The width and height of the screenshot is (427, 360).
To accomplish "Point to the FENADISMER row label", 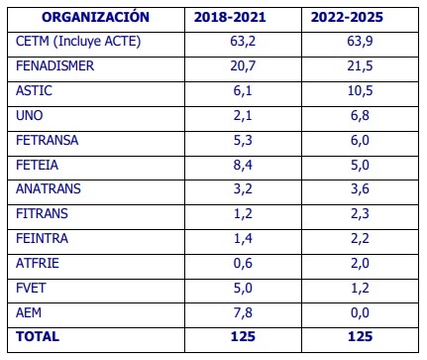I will point(58,65).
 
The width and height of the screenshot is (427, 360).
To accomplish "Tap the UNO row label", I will point(32,115).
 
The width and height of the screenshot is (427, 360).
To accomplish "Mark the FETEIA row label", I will point(40,164).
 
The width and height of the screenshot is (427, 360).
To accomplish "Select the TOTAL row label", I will point(39,337).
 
